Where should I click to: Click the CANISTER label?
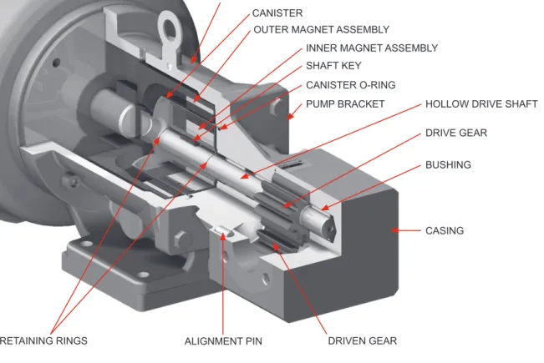pyautogui.click(x=277, y=13)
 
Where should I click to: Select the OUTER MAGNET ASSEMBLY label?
pyautogui.click(x=321, y=30)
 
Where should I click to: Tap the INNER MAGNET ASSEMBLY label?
pyautogui.click(x=372, y=48)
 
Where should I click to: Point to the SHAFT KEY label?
pyautogui.click(x=333, y=65)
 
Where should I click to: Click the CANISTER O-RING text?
pyautogui.click(x=350, y=85)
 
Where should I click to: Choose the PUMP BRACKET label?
pyautogui.click(x=345, y=104)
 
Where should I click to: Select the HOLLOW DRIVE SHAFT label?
pyautogui.click(x=481, y=104)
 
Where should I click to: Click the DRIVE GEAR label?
pyautogui.click(x=456, y=133)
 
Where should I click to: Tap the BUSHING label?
pyautogui.click(x=448, y=164)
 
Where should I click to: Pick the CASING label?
pyautogui.click(x=445, y=230)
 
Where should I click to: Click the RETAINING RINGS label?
pyautogui.click(x=43, y=340)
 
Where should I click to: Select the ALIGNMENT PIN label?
pyautogui.click(x=223, y=341)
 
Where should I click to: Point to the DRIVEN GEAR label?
pyautogui.click(x=362, y=340)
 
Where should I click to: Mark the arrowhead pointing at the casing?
pyautogui.click(x=394, y=230)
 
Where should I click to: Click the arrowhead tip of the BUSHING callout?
pyautogui.click(x=321, y=209)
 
